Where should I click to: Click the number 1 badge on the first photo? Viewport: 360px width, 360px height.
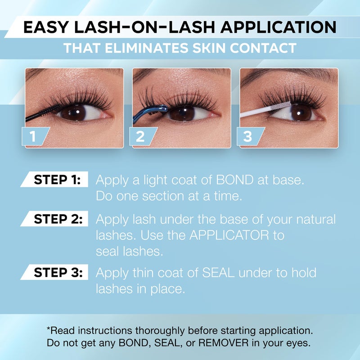tap(35, 136)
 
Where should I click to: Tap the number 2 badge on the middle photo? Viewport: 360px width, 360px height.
tap(142, 136)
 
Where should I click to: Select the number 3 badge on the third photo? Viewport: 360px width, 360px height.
tap(250, 136)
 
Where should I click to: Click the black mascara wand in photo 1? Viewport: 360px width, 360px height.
tap(43, 113)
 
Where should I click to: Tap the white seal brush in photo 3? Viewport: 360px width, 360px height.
tap(265, 109)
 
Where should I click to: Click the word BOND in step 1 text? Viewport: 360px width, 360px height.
tap(234, 180)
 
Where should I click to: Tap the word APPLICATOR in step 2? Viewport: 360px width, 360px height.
tap(229, 235)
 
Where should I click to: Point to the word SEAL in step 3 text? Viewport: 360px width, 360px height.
tap(218, 273)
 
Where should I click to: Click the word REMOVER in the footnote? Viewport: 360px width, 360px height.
tap(223, 343)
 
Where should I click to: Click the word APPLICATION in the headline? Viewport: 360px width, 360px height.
tap(279, 27)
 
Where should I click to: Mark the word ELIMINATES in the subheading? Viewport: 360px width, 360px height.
tap(146, 48)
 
